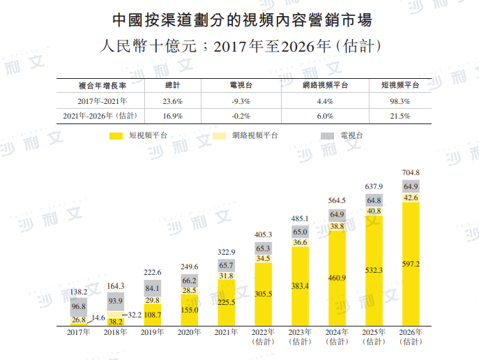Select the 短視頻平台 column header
tap(400, 85)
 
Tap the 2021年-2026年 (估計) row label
tap(100, 116)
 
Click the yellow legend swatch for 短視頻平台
tap(115, 135)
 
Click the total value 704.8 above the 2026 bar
tap(411, 172)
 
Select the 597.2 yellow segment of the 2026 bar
tap(411, 264)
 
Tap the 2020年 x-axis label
tap(190, 333)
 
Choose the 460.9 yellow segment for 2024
tap(337, 278)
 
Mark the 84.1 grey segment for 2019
tap(153, 288)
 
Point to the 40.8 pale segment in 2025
tap(374, 211)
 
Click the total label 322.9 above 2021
tap(227, 251)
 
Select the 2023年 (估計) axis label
tap(301, 337)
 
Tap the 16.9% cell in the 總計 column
tap(172, 116)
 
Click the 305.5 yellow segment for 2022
tap(264, 294)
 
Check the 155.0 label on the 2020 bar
tap(190, 309)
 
